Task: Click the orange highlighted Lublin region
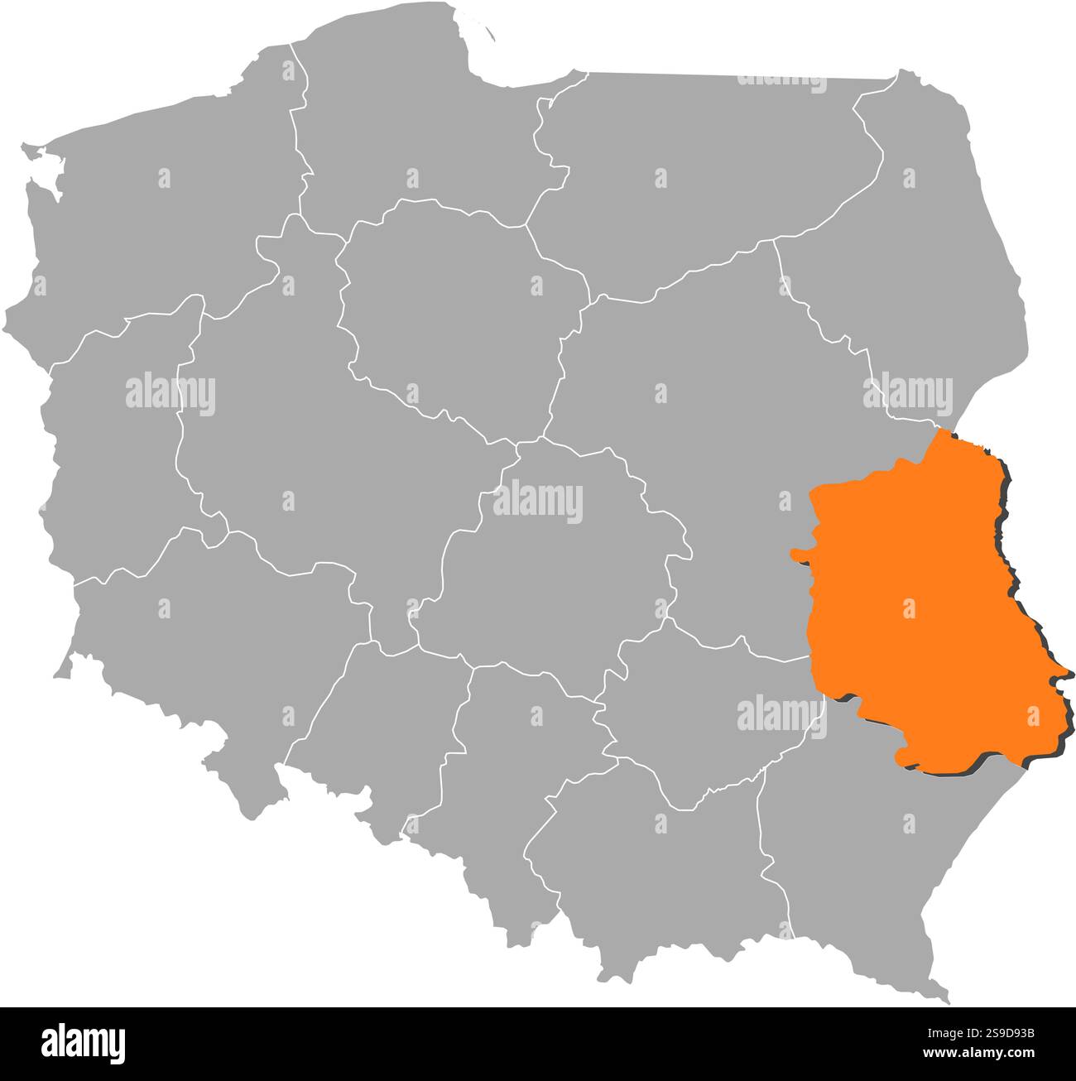(910, 613)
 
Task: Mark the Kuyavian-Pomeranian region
(455, 306)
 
